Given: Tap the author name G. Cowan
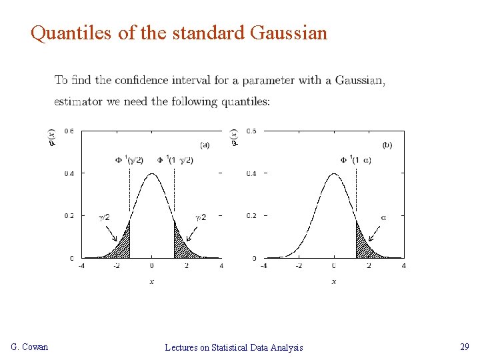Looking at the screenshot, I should pos(30,347).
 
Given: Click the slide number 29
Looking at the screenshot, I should pos(464,347).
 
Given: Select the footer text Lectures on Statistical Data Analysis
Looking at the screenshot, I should pos(233,347).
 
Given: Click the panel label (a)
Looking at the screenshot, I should pos(204,145).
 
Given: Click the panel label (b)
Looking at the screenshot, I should pos(387,144).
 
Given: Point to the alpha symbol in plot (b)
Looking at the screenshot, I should pos(383,217).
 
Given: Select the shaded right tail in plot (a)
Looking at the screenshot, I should pos(181,245).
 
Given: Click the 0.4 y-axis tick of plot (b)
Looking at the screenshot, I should pos(251,173).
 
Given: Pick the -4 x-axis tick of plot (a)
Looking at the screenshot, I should pos(81,265).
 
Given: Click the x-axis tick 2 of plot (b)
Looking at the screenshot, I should pos(369,265).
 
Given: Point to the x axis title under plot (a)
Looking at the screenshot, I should pos(152,281).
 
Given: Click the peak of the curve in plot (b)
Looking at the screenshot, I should pos(334,174).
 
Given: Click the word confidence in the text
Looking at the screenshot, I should pos(142,81).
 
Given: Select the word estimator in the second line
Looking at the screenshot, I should pos(77,102).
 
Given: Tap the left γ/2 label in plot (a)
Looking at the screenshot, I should pos(105,217).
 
